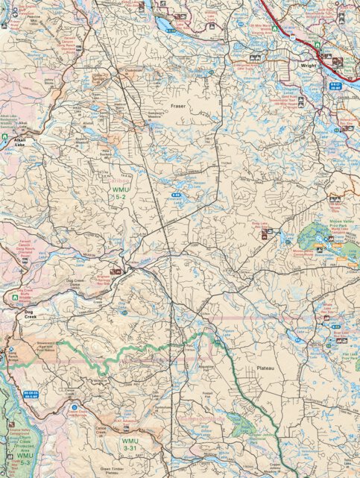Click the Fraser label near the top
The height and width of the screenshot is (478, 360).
[x=178, y=107]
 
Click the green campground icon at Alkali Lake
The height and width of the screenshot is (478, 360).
[x=4, y=137]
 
